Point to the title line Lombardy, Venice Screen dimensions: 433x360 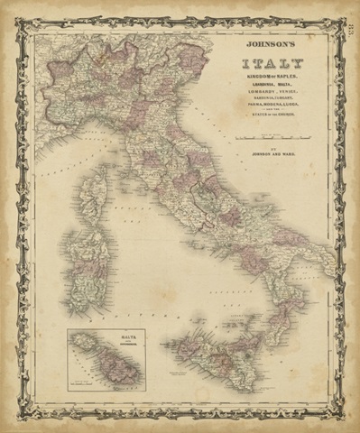(272, 97)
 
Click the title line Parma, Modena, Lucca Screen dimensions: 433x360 (272, 111)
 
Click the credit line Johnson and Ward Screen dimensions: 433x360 (272, 152)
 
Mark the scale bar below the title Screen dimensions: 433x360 (272, 136)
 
